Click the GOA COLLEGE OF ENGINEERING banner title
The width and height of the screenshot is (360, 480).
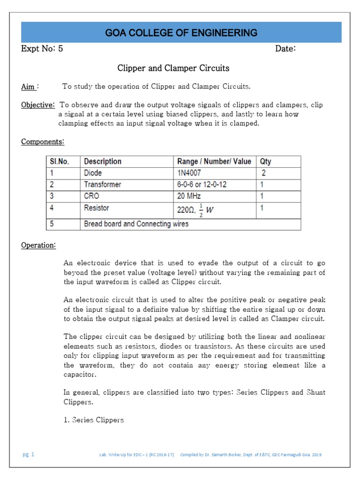coord(181,33)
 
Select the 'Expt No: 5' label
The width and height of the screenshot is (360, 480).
coord(42,49)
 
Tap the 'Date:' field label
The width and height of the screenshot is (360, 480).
coord(285,49)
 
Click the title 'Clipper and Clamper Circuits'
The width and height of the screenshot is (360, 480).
coord(173,68)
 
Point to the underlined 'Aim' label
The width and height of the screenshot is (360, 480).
coord(29,87)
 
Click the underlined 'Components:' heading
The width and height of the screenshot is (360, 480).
coord(43,142)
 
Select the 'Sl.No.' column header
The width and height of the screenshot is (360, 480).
coord(60,162)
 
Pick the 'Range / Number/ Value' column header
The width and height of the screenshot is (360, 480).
coord(214,162)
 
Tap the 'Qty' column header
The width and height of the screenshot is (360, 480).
coord(265,162)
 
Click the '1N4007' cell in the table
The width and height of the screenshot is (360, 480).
coord(190,173)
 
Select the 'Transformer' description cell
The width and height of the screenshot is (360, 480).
coord(102,185)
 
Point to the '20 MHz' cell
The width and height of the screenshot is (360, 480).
coord(190,196)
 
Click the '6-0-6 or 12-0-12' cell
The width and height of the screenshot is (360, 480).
coord(202,185)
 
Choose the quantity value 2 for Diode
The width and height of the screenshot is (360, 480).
coord(263,173)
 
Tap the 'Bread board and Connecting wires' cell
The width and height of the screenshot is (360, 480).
coord(136,224)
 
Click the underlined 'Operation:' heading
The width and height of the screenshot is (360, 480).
coord(38,245)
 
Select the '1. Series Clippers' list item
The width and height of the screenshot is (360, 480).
coord(93,420)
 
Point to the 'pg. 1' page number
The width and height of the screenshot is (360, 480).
coord(29,455)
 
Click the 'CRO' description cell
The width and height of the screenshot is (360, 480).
coord(92,196)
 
